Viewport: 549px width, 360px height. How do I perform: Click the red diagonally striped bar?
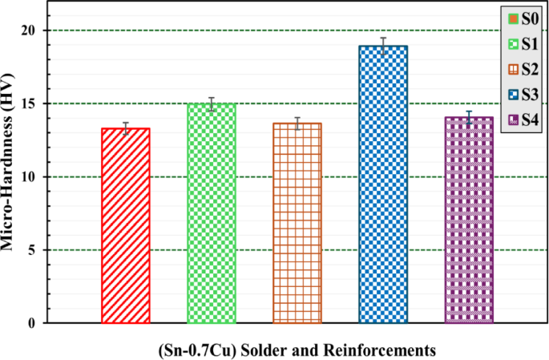(x=126, y=225)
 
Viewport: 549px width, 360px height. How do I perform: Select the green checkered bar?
(x=212, y=213)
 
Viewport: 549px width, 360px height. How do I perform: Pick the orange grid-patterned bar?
(x=297, y=223)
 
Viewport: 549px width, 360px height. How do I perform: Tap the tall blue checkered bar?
(x=383, y=184)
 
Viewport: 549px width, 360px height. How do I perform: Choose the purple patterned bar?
(x=469, y=220)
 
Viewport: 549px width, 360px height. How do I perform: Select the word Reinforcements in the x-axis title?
(x=381, y=350)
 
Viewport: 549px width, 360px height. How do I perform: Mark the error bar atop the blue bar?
(x=383, y=46)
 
